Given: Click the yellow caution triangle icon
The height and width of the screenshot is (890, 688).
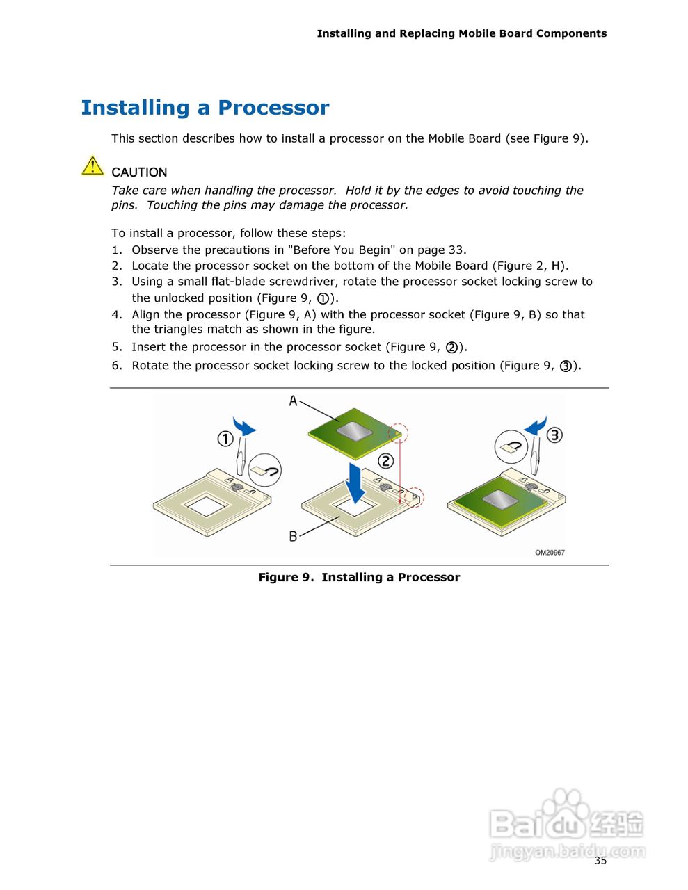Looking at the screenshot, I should (x=93, y=165).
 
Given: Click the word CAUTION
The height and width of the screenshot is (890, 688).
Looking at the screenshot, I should (x=139, y=172).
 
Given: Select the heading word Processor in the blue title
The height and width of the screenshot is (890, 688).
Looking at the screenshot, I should (x=273, y=108).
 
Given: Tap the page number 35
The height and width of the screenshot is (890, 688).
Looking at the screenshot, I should (x=600, y=861).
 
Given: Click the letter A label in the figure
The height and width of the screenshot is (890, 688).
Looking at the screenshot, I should (x=293, y=401).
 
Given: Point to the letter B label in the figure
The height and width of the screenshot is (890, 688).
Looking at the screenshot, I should (x=293, y=536).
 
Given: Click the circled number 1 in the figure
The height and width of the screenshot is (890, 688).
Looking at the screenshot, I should (x=225, y=439).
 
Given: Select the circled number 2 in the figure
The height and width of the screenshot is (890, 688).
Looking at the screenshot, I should (x=385, y=460).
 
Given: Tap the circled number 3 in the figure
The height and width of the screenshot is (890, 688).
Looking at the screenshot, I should (x=554, y=435).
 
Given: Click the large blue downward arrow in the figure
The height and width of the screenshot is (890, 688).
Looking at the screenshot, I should (x=355, y=483).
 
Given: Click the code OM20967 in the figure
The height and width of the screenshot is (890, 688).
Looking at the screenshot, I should (x=550, y=553).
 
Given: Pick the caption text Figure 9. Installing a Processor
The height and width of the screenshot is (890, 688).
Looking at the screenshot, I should (x=359, y=577).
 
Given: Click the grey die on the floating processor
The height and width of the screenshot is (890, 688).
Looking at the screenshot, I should (x=356, y=431).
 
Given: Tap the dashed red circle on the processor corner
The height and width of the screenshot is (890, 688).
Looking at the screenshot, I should (x=399, y=433).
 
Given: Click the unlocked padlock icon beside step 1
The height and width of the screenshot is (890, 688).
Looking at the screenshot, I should (x=265, y=471).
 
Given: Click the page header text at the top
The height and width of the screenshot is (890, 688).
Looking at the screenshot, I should (x=461, y=33).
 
